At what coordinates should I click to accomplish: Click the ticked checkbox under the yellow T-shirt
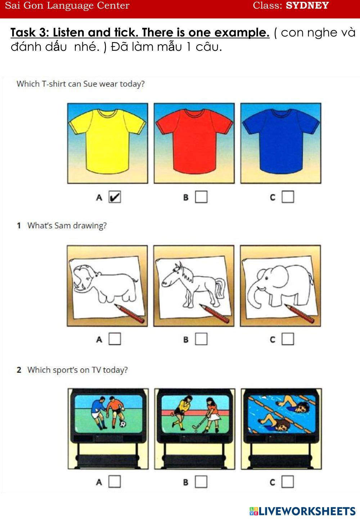(x=115, y=197)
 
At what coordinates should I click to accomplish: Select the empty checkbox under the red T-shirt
(x=201, y=197)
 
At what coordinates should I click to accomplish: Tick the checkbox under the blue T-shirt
(x=288, y=197)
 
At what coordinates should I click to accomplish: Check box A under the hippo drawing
(x=115, y=339)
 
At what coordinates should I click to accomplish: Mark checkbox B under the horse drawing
(x=201, y=339)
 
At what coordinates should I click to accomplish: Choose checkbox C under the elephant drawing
(x=288, y=339)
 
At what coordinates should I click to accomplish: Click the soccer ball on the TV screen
(x=123, y=424)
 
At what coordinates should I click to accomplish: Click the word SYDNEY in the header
(x=307, y=5)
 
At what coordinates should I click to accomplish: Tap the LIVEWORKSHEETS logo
(x=302, y=511)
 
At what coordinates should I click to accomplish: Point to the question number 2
(x=19, y=370)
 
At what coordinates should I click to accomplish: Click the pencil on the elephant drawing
(x=299, y=313)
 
